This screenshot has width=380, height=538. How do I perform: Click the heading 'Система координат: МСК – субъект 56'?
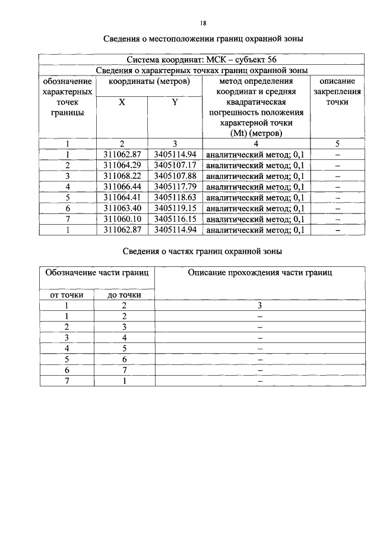pos(202,59)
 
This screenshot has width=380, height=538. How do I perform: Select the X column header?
pos(122,102)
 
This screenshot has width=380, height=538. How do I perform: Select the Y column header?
pos(175,102)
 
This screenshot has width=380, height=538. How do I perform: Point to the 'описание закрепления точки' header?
pos(337,92)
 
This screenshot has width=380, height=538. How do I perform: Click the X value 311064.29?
pos(122,165)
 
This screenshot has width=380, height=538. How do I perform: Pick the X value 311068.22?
pos(122,176)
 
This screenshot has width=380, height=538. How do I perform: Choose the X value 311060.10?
pos(122,219)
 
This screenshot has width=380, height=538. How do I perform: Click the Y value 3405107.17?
pos(175,165)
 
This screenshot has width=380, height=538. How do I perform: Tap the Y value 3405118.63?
pos(175,197)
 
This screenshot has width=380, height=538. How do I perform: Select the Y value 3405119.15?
pos(175,208)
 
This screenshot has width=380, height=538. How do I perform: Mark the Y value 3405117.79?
pos(175,187)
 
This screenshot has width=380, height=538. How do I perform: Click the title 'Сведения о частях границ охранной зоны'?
pos(202,251)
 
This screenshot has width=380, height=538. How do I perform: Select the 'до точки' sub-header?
pos(124,294)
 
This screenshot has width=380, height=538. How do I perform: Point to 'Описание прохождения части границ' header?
pos(260,273)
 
